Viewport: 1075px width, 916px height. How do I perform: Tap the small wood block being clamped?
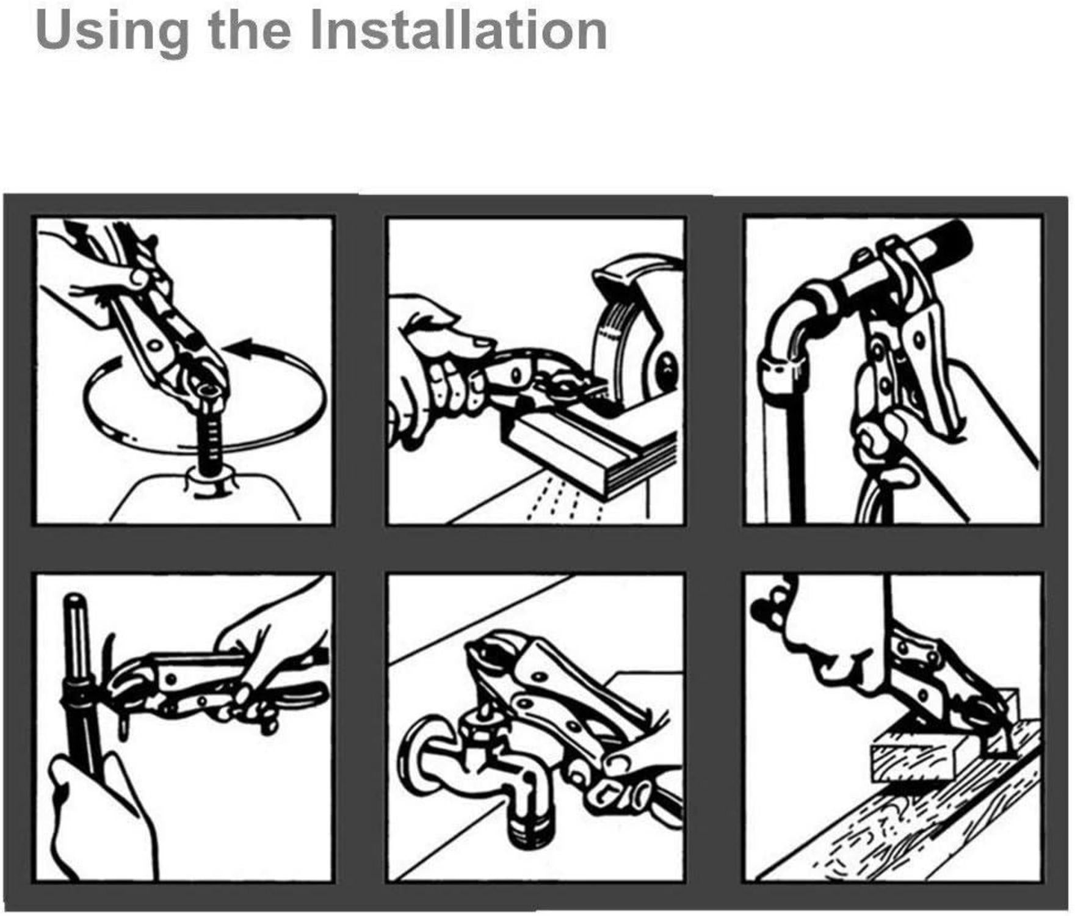point(913,757)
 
